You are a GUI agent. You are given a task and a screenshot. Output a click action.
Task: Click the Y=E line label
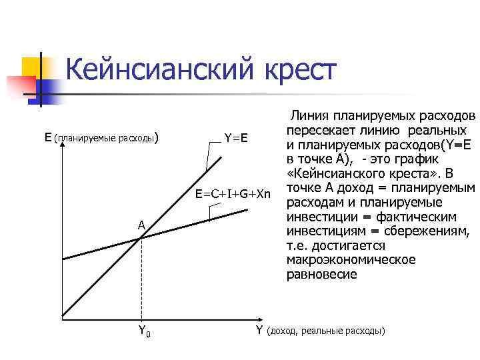236,138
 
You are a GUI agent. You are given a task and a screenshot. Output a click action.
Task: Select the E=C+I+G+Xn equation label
233,194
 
